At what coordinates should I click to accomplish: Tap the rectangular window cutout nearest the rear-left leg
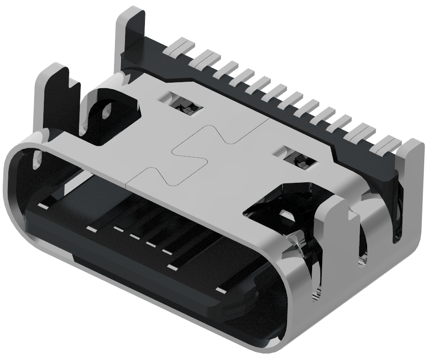185,105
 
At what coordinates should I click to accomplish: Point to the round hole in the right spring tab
287,216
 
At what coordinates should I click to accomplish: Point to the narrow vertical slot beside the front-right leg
363,258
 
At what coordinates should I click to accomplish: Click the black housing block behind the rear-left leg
152,60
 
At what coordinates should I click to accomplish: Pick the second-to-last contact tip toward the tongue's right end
173,267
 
